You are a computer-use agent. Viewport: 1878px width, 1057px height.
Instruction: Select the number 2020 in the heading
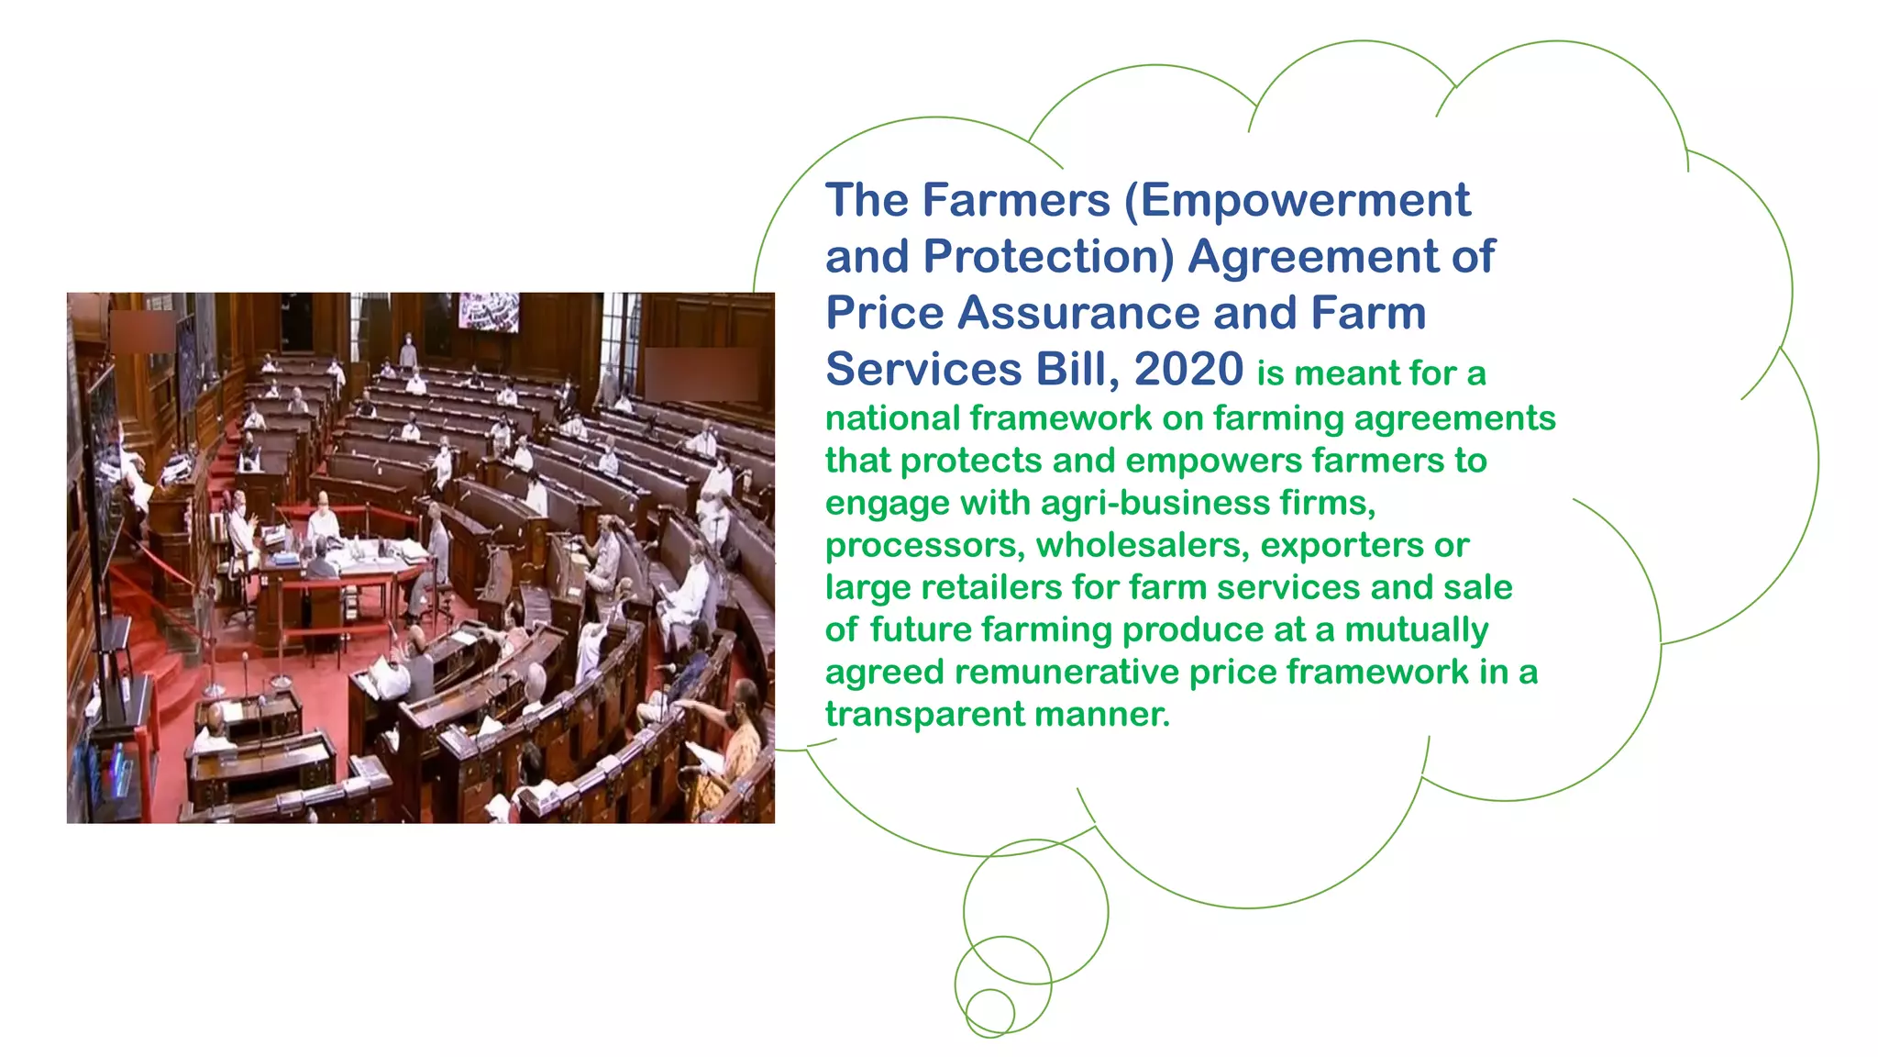point(1188,369)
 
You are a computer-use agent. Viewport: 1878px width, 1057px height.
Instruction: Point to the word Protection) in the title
point(1048,257)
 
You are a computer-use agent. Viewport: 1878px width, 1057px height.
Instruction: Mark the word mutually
point(1416,630)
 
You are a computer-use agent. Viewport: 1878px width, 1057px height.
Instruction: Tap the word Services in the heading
point(922,369)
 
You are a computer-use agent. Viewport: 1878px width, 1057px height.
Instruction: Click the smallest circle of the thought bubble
point(990,1013)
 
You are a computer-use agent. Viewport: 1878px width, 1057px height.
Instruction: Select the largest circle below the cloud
point(1035,911)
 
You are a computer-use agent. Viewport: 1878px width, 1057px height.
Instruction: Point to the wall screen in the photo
point(489,312)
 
